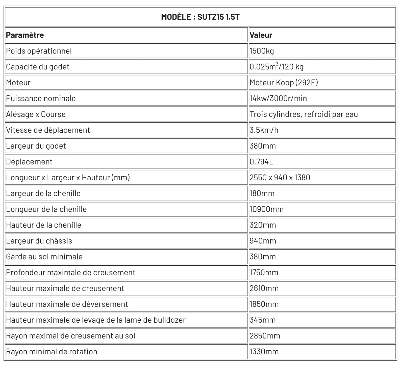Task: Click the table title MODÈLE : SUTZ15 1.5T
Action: point(200,17)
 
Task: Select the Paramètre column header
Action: point(25,35)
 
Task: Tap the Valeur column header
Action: point(261,35)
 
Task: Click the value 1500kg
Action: point(262,51)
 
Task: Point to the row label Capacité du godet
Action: point(38,67)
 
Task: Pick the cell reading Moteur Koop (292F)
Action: point(284,82)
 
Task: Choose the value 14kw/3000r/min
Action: point(278,98)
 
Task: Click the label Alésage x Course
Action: point(36,114)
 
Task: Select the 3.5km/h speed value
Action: point(264,130)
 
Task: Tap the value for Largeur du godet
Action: point(263,146)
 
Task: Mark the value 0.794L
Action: point(262,162)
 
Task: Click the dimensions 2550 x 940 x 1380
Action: point(280,178)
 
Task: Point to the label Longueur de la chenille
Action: point(46,209)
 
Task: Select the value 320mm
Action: point(263,225)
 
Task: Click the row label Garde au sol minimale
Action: point(44,257)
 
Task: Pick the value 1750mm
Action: point(264,273)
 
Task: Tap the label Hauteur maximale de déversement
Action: point(67,304)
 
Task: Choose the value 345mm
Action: point(263,320)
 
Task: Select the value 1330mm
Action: point(264,352)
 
